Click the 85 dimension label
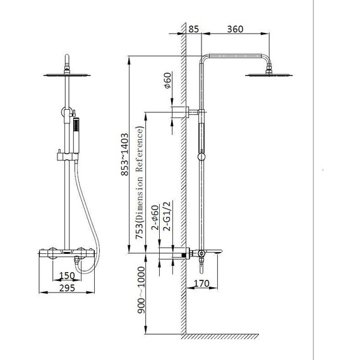(193, 30)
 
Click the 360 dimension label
(235, 29)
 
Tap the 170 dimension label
(201, 284)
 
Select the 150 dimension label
(67, 275)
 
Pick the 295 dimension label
(67, 288)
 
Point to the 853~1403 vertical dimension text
(124, 155)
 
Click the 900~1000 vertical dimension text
(141, 290)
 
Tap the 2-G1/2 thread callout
(167, 216)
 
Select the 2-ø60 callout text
(155, 218)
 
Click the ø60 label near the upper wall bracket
(168, 80)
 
